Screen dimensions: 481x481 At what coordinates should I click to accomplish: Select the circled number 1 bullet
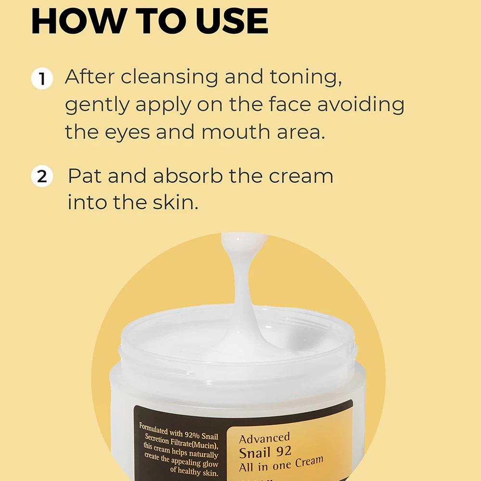tap(42, 78)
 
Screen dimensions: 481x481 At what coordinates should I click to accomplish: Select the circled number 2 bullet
tap(42, 176)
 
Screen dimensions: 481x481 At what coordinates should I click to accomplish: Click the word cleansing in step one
tap(169, 77)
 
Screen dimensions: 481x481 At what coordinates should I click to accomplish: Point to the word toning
tap(306, 77)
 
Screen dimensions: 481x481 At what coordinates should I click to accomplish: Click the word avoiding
tap(361, 104)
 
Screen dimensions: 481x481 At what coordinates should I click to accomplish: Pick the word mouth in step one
tap(236, 132)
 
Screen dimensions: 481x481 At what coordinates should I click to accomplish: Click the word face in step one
tap(290, 104)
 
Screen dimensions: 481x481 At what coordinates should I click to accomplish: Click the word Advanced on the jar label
tap(265, 438)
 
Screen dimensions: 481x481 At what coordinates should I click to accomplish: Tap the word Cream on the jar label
tap(309, 462)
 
